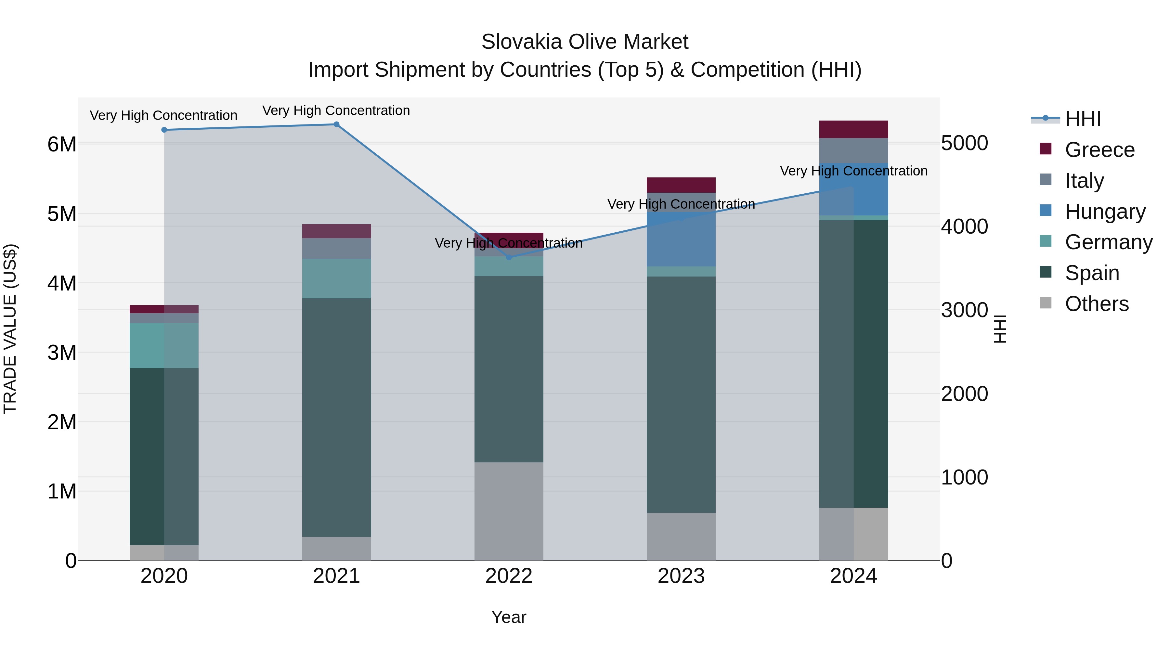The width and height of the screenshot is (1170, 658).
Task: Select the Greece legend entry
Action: pyautogui.click(x=1099, y=150)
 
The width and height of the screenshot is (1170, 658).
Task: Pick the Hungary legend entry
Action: pyautogui.click(x=1105, y=212)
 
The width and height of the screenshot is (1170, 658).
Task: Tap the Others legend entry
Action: pyautogui.click(x=1097, y=304)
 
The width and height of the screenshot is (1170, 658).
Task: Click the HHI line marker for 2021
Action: pyautogui.click(x=337, y=124)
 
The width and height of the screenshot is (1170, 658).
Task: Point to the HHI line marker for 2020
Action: pyautogui.click(x=164, y=130)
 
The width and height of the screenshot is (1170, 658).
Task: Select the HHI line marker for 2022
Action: pyautogui.click(x=509, y=257)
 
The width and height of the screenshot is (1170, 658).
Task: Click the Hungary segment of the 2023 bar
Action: pyautogui.click(x=681, y=239)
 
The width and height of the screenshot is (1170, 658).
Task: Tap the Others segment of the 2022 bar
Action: pyautogui.click(x=509, y=511)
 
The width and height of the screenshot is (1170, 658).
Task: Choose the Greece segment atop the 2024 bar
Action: pyautogui.click(x=853, y=129)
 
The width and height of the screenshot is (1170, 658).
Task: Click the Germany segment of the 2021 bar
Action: pyautogui.click(x=337, y=278)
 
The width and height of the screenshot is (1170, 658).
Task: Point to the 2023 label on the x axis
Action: pyautogui.click(x=681, y=576)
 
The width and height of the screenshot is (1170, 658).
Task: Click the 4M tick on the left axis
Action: pyautogui.click(x=62, y=283)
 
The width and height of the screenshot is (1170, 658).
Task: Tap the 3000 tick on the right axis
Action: pyautogui.click(x=964, y=310)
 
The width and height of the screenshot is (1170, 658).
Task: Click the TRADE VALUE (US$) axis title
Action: pyautogui.click(x=10, y=329)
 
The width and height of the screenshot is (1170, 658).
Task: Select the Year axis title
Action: pyautogui.click(x=509, y=617)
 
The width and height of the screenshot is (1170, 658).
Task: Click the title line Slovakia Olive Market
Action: pyautogui.click(x=585, y=42)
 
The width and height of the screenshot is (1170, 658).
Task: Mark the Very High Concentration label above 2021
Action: pyautogui.click(x=336, y=110)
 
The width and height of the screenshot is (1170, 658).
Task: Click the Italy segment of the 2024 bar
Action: pyautogui.click(x=853, y=150)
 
